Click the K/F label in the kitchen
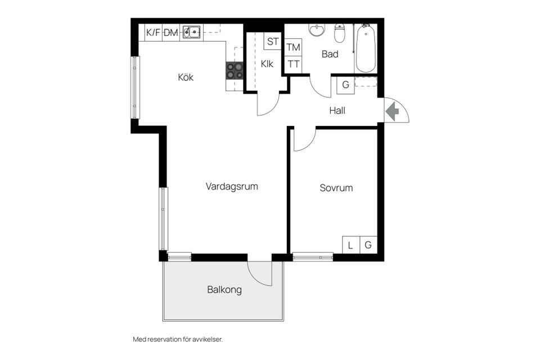click(x=153, y=33)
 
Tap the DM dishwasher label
click(x=171, y=33)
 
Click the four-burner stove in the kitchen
click(x=235, y=70)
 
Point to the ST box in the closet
click(x=273, y=41)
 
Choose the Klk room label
click(x=267, y=64)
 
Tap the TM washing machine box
click(x=293, y=47)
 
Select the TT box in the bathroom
click(x=293, y=64)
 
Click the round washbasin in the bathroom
click(x=317, y=30)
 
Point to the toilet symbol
click(x=340, y=34)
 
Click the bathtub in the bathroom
click(x=366, y=49)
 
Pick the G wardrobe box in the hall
click(x=345, y=85)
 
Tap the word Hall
click(x=337, y=111)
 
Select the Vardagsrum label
click(x=232, y=186)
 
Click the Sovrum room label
click(x=336, y=188)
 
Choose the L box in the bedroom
click(x=350, y=245)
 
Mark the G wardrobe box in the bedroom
click(x=368, y=245)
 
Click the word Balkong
click(x=224, y=290)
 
